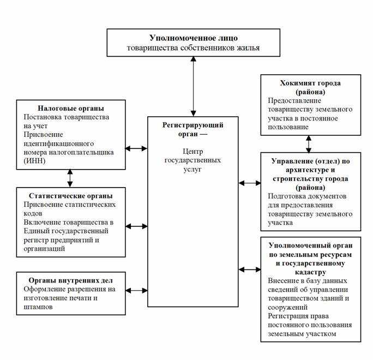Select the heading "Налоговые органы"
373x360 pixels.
click(x=71, y=108)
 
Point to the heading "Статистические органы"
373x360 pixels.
click(x=72, y=195)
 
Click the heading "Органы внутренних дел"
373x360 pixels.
click(x=71, y=281)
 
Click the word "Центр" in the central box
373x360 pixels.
click(x=192, y=152)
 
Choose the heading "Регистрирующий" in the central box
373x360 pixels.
click(x=193, y=125)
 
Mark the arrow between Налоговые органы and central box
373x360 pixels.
click(x=136, y=148)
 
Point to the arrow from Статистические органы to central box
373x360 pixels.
click(x=136, y=225)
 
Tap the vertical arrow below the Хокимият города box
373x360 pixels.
click(x=309, y=143)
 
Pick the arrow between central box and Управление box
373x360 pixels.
click(x=249, y=183)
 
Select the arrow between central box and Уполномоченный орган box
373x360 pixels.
click(x=249, y=269)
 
